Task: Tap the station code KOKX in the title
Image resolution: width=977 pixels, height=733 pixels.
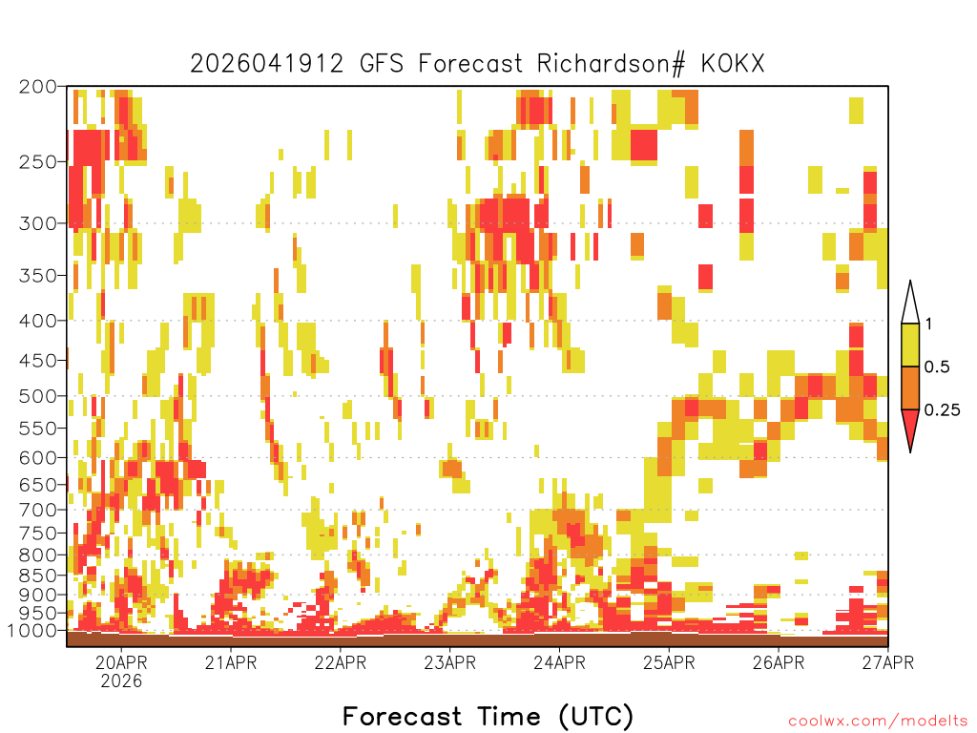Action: (x=733, y=64)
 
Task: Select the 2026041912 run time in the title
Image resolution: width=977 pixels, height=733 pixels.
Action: (x=267, y=64)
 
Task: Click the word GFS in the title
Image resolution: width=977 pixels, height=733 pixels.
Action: (x=382, y=64)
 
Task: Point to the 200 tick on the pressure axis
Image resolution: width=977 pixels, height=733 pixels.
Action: (x=37, y=87)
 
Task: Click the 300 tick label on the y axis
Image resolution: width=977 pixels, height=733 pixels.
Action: (x=37, y=223)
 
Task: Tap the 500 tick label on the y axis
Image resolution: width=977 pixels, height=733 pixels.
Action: (x=37, y=396)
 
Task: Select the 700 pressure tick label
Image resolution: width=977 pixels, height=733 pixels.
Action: (x=37, y=510)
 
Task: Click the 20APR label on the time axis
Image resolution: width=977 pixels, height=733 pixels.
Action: (x=121, y=662)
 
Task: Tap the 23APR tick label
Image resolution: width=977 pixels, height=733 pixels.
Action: (x=450, y=662)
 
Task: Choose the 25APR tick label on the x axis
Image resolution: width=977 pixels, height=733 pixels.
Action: (x=669, y=662)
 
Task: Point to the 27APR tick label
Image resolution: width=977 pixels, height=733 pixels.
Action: (x=888, y=662)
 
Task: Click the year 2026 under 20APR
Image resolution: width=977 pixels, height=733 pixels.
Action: (x=121, y=681)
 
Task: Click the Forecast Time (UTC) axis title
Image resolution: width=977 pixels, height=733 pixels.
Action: (x=488, y=717)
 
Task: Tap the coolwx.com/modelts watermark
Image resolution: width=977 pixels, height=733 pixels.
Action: (x=878, y=722)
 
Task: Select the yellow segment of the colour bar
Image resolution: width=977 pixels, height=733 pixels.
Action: (x=910, y=345)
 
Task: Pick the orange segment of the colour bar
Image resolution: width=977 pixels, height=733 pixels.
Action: (x=910, y=387)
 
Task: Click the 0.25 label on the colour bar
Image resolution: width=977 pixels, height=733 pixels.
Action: (x=942, y=410)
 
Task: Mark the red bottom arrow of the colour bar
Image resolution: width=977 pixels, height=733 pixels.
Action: (x=910, y=427)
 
